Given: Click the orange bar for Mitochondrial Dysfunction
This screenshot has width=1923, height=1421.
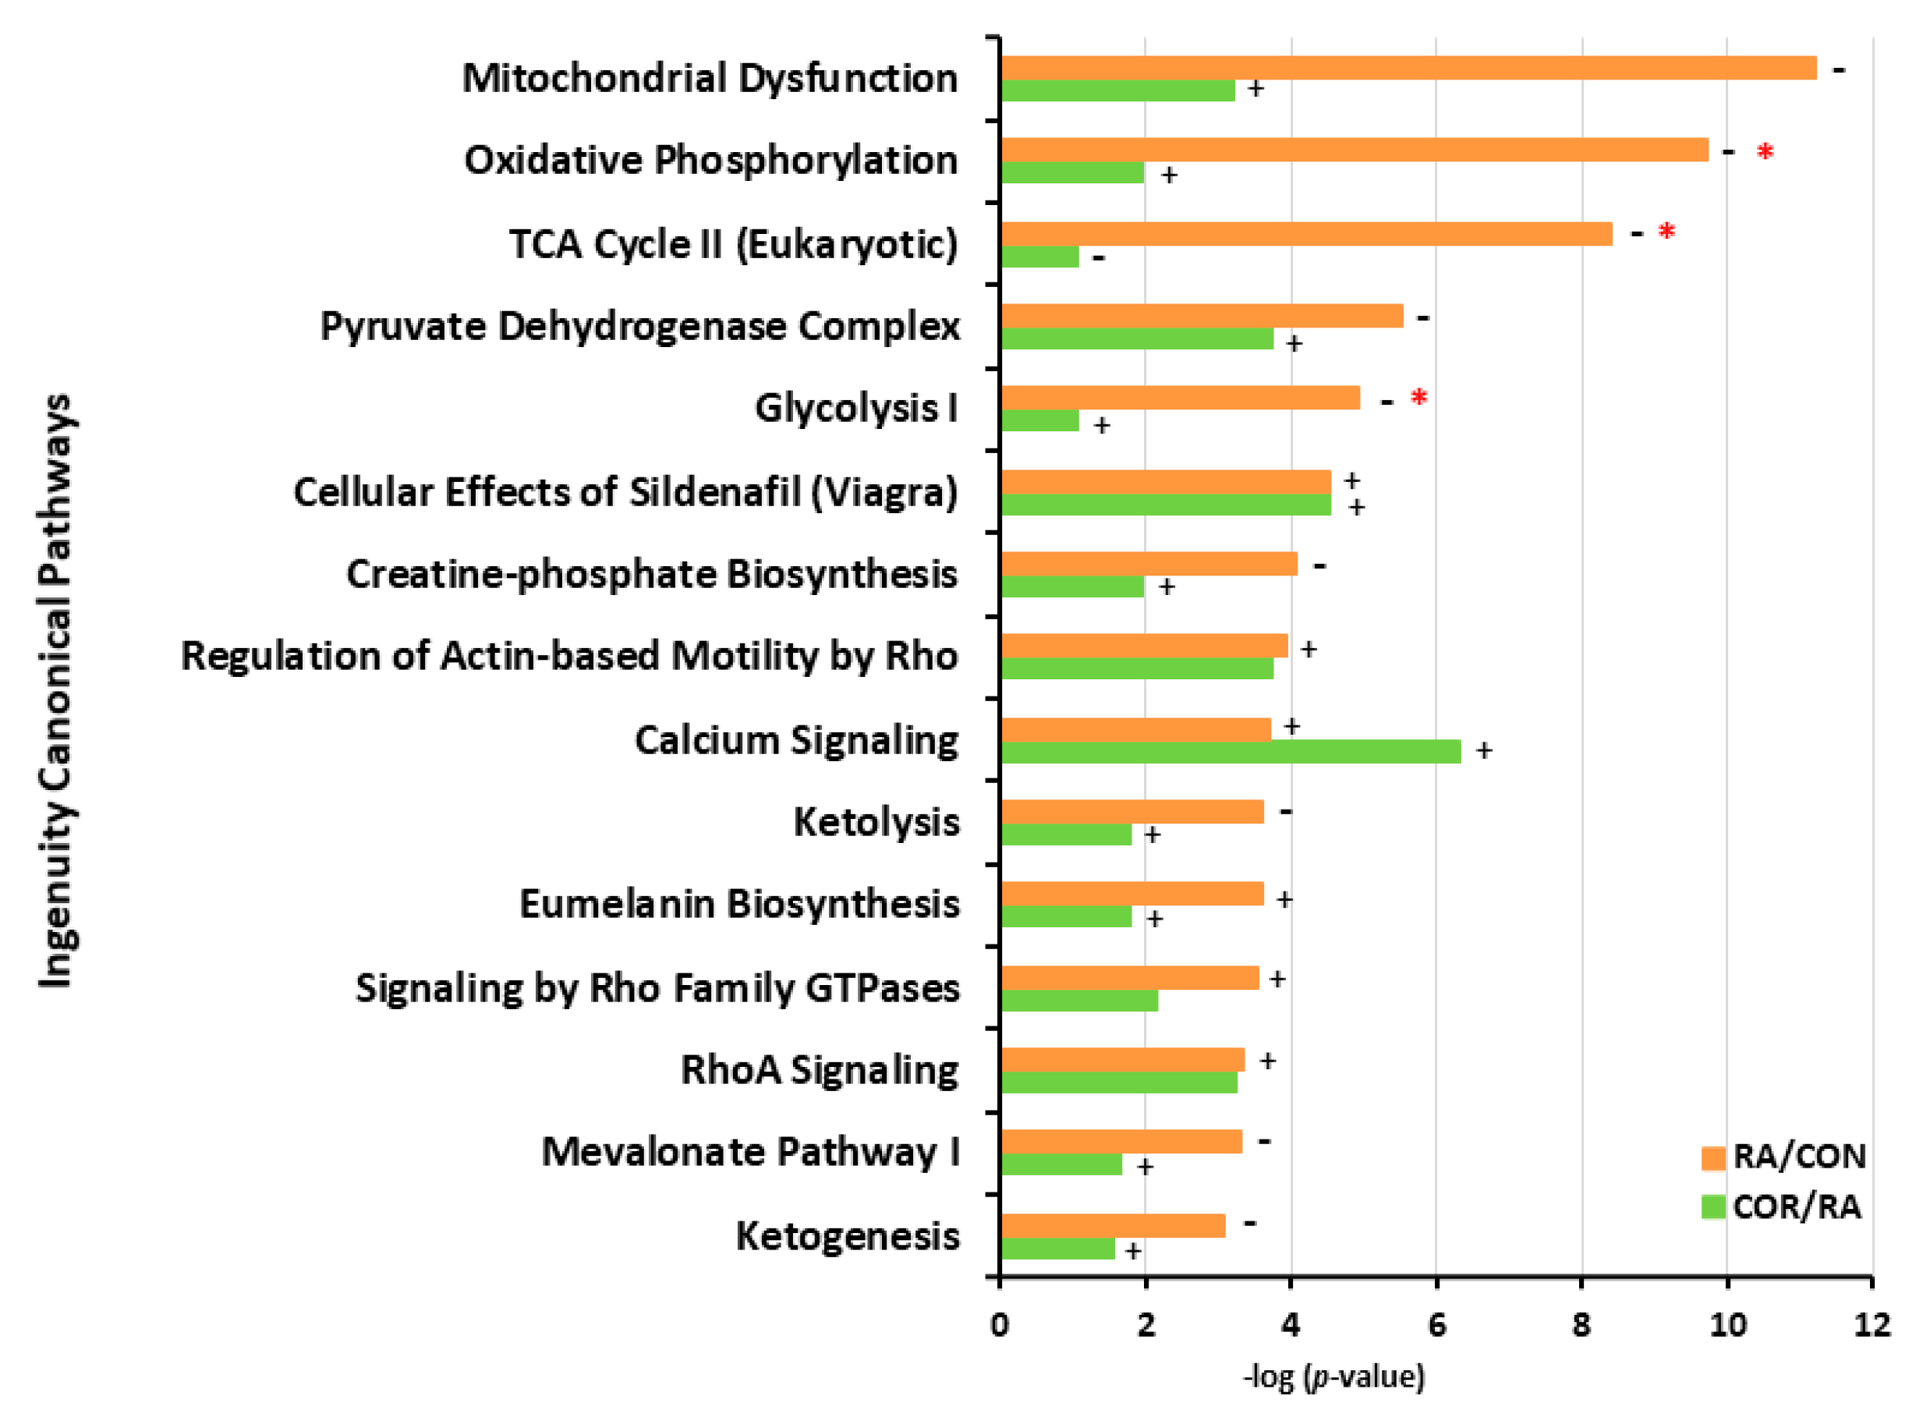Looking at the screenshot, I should (1408, 68).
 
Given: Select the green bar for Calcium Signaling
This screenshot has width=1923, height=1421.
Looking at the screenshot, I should (1230, 751).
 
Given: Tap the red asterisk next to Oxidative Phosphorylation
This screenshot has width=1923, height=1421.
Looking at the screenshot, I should (1765, 153).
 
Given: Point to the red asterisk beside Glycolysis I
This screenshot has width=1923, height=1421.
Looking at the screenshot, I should (1418, 399).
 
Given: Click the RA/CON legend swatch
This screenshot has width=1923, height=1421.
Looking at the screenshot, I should (1712, 1158).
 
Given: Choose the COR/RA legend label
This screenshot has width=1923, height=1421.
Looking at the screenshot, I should (1797, 1207).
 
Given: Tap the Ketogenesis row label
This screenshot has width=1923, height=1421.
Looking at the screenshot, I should (847, 1236).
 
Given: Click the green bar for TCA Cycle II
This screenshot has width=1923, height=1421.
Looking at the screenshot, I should (1039, 257).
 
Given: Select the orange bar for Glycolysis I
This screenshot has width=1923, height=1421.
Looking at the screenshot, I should (1180, 398).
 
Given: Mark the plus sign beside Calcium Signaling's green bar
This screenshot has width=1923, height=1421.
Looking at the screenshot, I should (1483, 751).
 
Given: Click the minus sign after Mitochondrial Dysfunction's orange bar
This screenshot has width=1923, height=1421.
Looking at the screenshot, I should (1839, 69).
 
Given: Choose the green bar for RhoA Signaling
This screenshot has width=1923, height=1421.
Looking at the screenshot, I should (1118, 1082).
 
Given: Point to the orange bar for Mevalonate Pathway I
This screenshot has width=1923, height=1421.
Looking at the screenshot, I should (1121, 1142).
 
